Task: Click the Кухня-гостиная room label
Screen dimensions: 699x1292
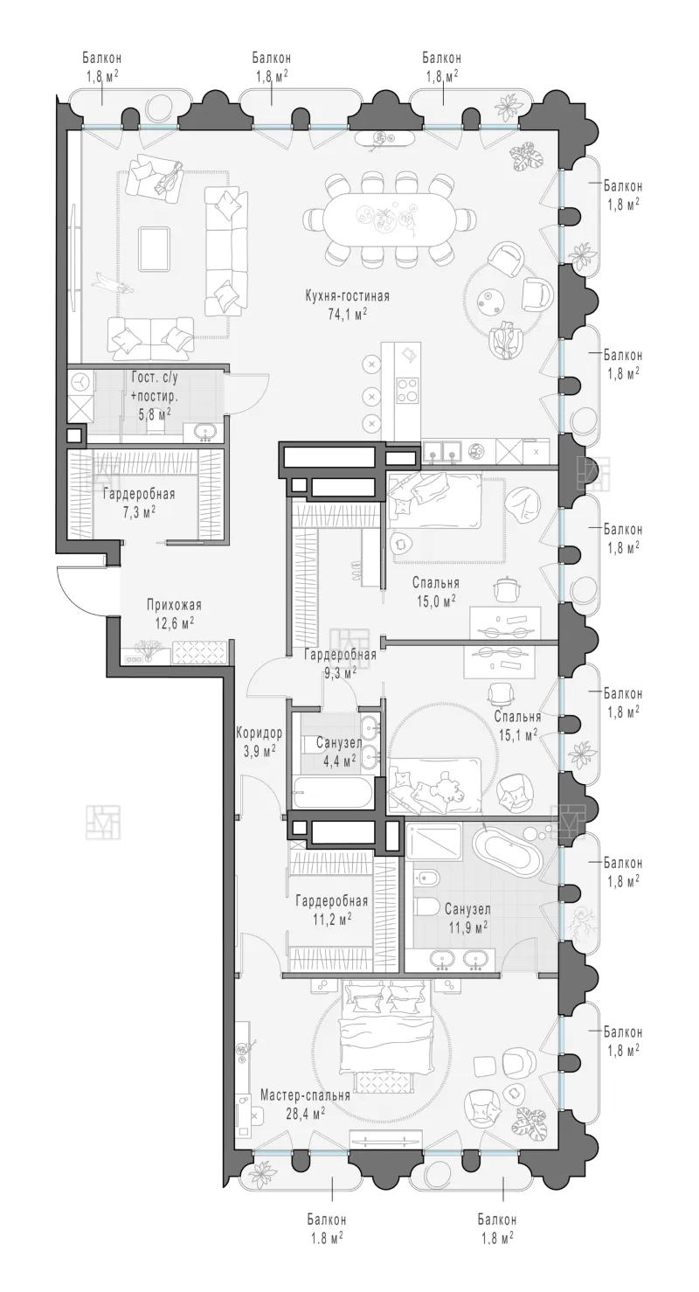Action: tap(347, 296)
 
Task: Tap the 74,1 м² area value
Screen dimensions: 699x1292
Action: tap(347, 314)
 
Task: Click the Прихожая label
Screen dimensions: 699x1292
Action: tap(174, 605)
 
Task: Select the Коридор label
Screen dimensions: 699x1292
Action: tap(259, 733)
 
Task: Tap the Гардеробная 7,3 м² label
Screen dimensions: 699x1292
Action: tap(139, 503)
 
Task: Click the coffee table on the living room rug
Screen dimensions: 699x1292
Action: tap(154, 248)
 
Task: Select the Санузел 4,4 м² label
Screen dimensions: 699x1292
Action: tap(339, 752)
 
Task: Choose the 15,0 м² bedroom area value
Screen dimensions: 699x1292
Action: tap(437, 601)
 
